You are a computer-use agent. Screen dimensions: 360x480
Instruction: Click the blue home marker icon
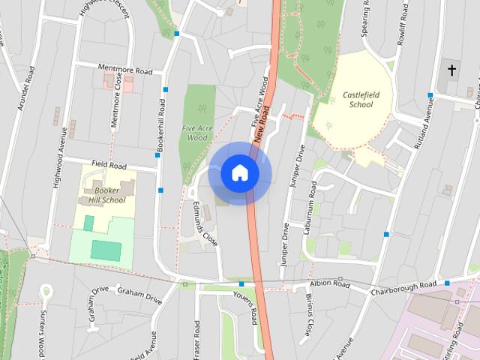(240, 172)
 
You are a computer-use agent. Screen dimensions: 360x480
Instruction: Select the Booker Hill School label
(108, 196)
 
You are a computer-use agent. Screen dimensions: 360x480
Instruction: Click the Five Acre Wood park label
(197, 133)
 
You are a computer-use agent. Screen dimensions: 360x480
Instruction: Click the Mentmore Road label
(124, 71)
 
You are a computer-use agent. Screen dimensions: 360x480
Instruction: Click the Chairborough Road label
(403, 286)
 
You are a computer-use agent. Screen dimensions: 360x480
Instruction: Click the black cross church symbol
(451, 70)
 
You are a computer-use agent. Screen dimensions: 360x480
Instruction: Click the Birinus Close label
(310, 314)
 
